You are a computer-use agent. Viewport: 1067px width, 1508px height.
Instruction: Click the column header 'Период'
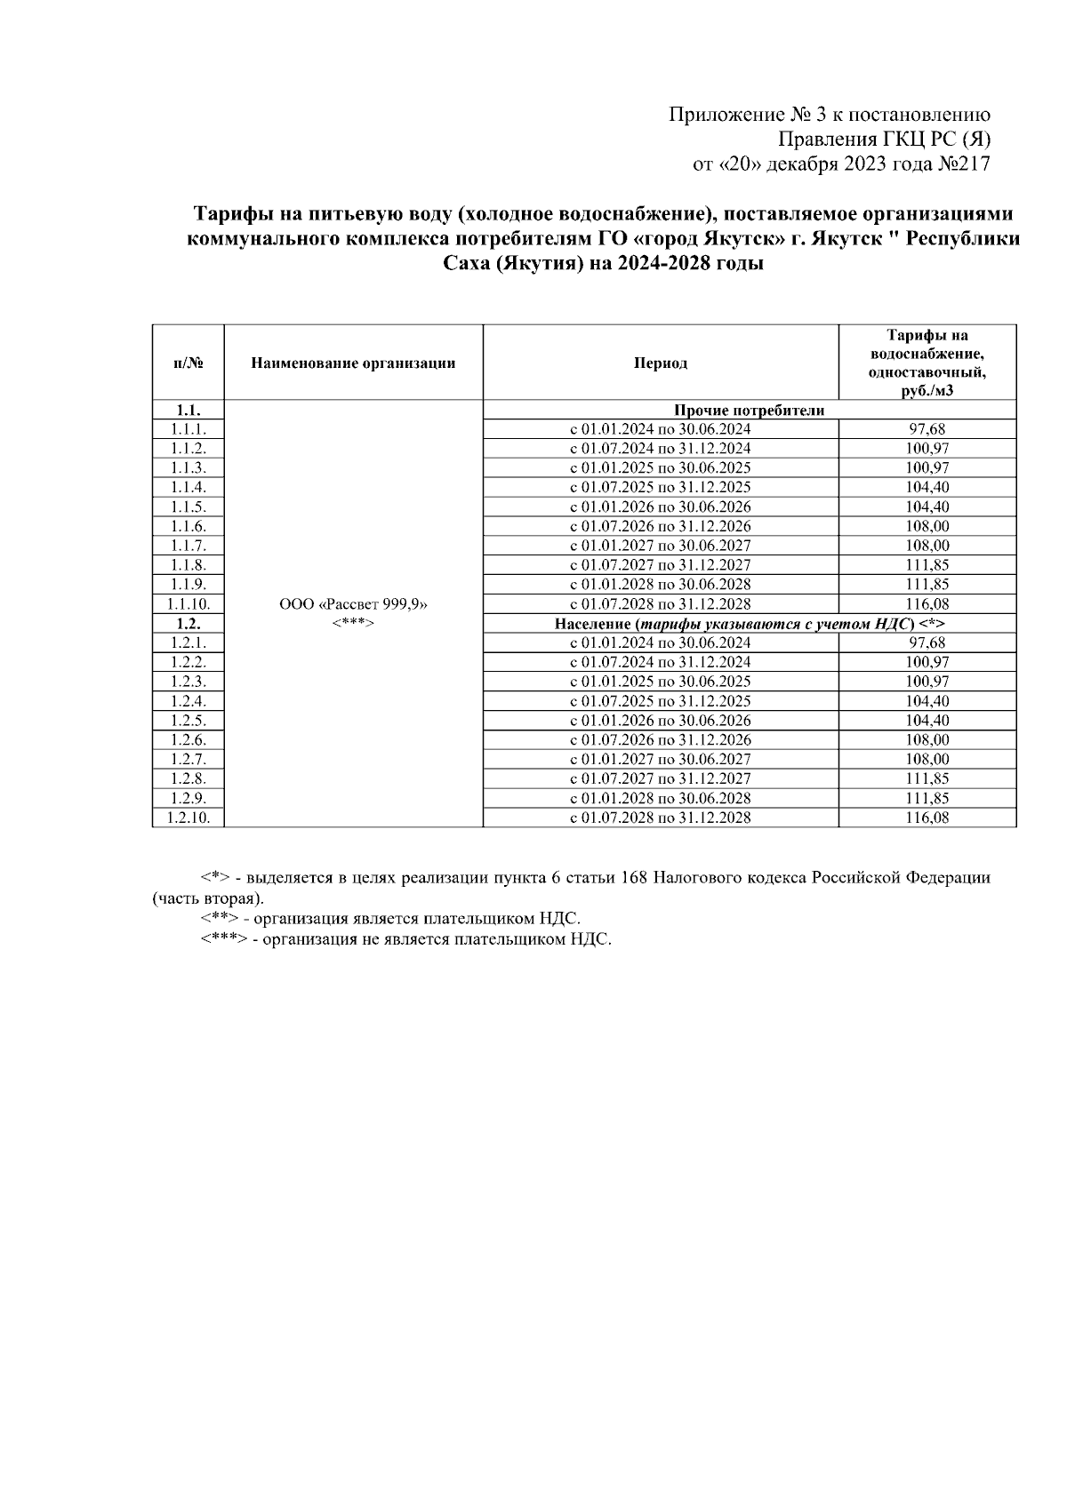pos(660,363)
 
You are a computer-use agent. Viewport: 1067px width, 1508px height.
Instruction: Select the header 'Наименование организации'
pos(353,363)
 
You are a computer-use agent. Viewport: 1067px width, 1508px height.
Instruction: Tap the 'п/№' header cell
pos(188,363)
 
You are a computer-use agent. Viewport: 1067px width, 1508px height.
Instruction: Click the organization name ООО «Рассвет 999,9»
pos(353,604)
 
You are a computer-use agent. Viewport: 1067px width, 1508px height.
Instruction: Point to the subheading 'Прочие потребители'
pos(749,411)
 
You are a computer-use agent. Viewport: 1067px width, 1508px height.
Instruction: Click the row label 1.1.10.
pos(188,604)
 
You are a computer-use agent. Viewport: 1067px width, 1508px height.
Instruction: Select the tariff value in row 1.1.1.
pos(927,429)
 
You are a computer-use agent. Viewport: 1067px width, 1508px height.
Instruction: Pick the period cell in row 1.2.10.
pos(660,818)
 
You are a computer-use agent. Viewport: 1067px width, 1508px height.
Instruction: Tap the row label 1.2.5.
pos(188,721)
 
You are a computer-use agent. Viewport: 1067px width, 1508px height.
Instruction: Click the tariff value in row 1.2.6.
pos(927,740)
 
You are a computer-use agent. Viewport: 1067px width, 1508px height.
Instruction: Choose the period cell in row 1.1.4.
pos(660,487)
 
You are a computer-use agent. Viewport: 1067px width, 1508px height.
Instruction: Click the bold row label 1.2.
pos(188,624)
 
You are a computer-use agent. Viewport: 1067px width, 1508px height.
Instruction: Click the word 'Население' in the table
pos(590,624)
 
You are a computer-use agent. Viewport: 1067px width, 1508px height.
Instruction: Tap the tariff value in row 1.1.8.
pos(927,565)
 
